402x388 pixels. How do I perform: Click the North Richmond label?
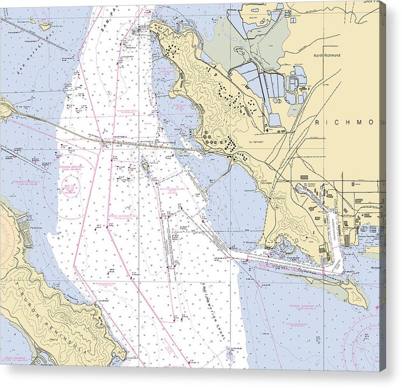327,55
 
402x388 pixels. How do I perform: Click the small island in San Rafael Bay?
45,26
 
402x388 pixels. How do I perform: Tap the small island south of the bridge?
146,168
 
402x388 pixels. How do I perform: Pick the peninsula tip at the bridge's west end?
6,109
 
